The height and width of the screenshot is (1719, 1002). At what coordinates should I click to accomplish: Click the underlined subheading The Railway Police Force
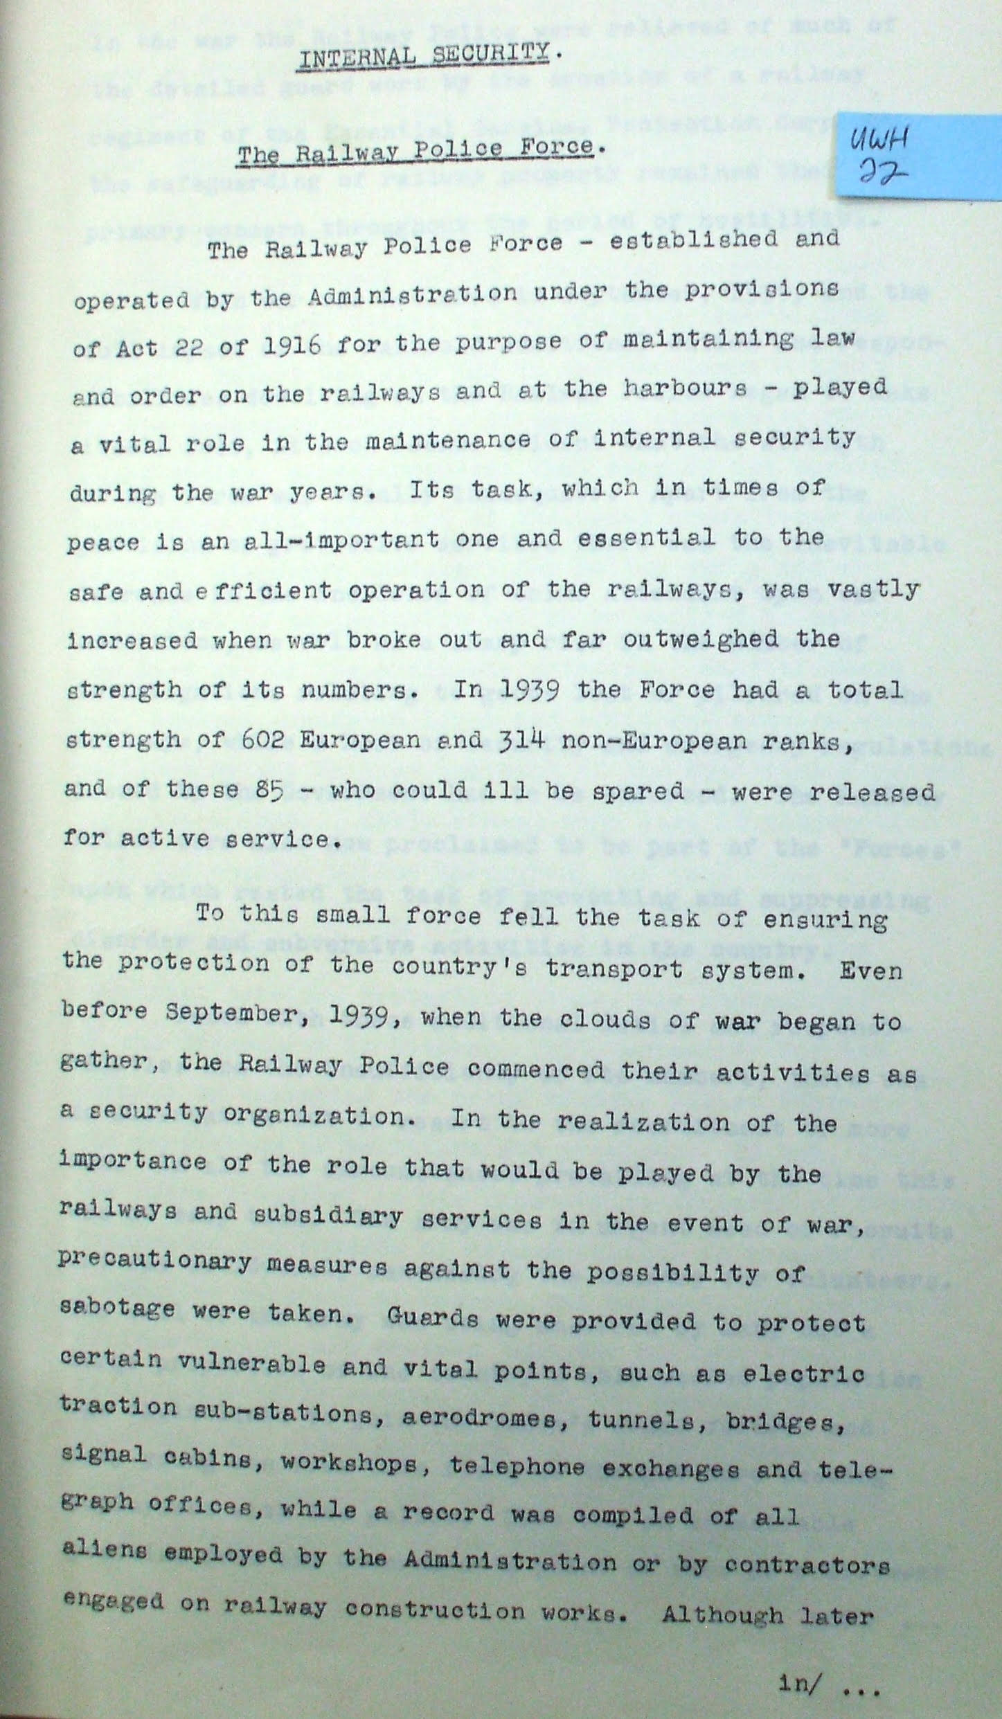tap(415, 152)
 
